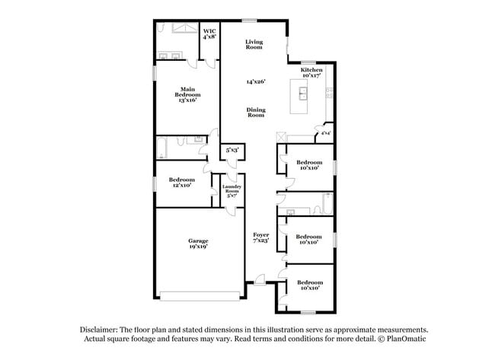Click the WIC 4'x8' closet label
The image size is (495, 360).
(x=209, y=33)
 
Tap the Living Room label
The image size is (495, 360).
(x=254, y=44)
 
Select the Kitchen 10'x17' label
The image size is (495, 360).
(x=312, y=73)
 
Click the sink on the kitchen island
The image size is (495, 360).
(x=303, y=94)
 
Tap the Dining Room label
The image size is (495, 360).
(x=255, y=112)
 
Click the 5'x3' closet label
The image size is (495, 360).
(x=232, y=151)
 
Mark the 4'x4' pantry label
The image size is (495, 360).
(x=325, y=134)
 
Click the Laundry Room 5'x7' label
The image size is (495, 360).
(x=232, y=191)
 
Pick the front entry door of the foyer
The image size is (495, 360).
(x=260, y=285)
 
